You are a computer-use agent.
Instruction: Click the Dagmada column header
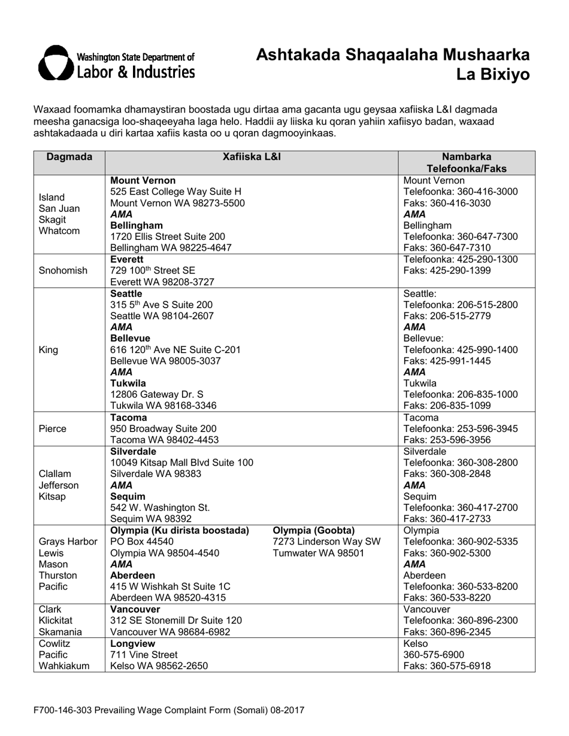click(x=69, y=157)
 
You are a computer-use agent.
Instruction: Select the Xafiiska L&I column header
click(x=252, y=157)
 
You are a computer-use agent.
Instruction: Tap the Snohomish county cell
click(x=63, y=270)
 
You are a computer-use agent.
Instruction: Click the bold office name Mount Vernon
click(x=143, y=180)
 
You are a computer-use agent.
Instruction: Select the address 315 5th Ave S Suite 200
click(x=161, y=305)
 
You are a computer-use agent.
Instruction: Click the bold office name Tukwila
click(x=128, y=383)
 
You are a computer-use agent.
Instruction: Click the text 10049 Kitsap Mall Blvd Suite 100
click(x=181, y=463)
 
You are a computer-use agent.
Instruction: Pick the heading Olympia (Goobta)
click(x=314, y=531)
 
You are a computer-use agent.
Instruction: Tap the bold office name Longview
click(x=133, y=643)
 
